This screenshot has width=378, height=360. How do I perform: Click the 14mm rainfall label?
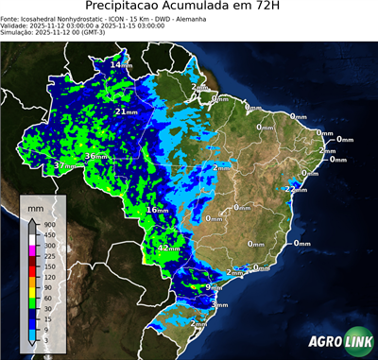coord(122,64)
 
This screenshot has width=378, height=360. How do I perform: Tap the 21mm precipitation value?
coord(124,111)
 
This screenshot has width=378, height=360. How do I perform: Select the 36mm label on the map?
coord(96,156)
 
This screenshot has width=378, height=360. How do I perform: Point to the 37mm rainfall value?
coord(64,165)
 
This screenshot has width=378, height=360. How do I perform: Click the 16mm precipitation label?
coord(157,209)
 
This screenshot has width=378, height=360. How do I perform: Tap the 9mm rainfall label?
coord(215,286)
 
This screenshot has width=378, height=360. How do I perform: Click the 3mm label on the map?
coord(219,305)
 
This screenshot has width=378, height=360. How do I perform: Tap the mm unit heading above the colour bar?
coord(35,206)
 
